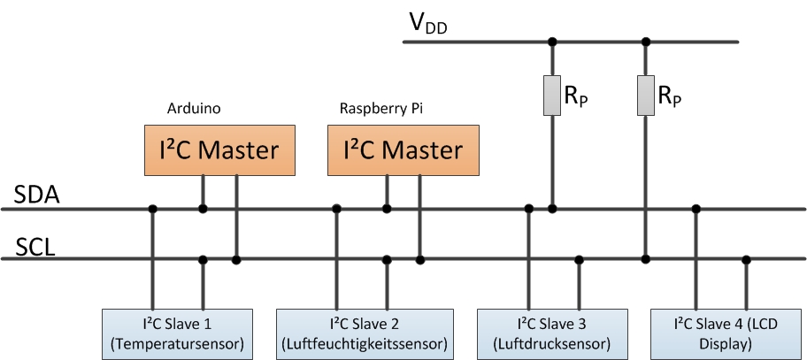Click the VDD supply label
(x=427, y=23)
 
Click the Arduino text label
(x=194, y=109)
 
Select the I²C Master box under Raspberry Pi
(x=395, y=149)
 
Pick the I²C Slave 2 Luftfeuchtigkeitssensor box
(x=365, y=333)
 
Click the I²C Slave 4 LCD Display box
(x=728, y=333)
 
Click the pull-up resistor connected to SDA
(x=553, y=96)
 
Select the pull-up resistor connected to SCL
(x=647, y=96)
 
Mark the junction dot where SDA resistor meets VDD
(x=553, y=42)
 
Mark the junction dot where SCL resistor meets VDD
(x=647, y=42)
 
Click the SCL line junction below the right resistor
(x=647, y=259)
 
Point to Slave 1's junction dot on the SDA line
(x=153, y=209)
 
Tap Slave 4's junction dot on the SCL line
(x=747, y=259)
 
